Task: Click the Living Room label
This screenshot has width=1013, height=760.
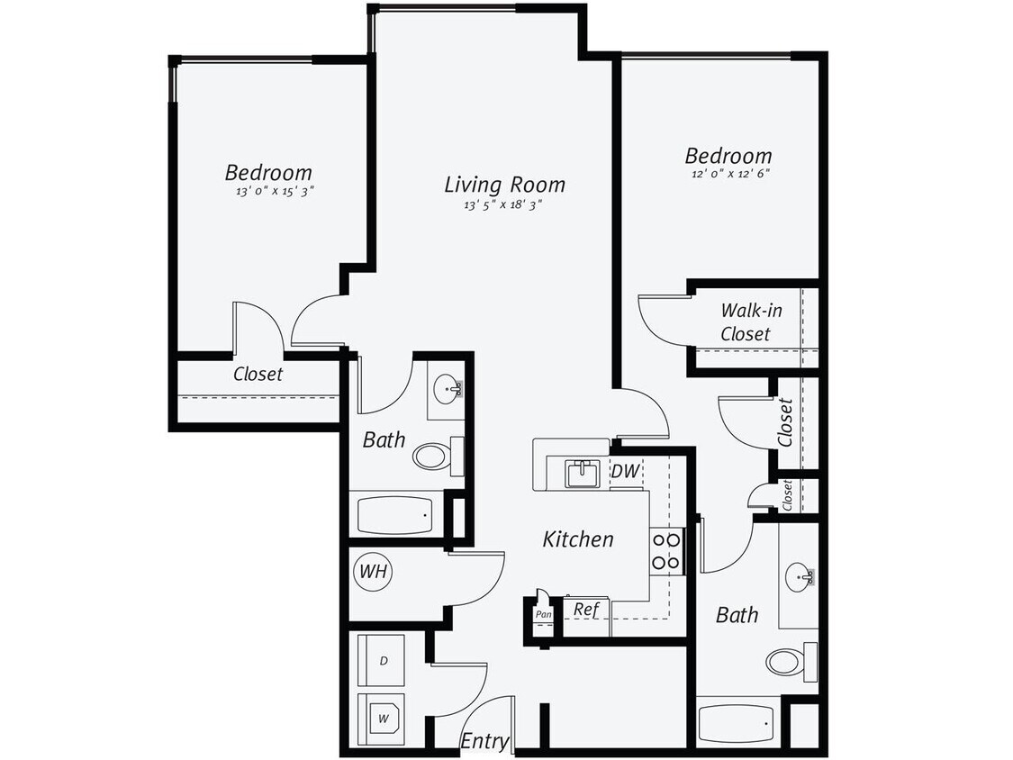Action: click(504, 185)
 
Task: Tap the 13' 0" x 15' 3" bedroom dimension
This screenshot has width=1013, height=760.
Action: click(268, 191)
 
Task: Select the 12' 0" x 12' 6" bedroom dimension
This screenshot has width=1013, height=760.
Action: click(728, 174)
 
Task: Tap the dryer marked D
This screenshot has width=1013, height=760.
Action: click(382, 661)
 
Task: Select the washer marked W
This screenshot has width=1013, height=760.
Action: click(382, 718)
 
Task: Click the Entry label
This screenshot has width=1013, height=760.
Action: click(484, 741)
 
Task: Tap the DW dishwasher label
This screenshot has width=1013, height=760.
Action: click(624, 470)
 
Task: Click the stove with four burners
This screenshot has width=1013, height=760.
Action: click(666, 551)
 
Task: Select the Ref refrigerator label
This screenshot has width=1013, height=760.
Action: click(586, 610)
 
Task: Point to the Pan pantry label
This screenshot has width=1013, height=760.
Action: click(543, 614)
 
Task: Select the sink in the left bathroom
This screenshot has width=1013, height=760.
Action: click(447, 389)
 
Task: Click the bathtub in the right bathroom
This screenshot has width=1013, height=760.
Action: click(736, 721)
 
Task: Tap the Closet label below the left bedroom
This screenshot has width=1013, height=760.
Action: click(258, 374)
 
